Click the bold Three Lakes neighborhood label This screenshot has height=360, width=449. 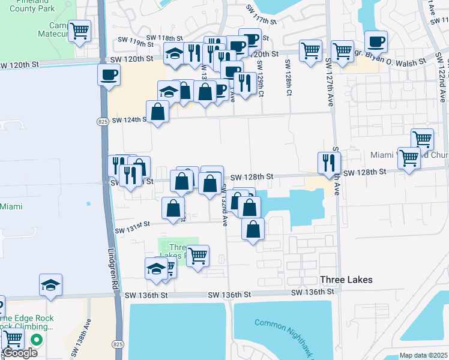tap(346, 280)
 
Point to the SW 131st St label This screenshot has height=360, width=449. tap(133, 227)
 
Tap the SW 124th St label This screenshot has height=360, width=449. tap(127, 119)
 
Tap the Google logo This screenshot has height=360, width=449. tap(19, 353)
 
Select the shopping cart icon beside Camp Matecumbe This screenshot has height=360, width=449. tap(79, 30)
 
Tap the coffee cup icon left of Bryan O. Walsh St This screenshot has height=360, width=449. tap(376, 41)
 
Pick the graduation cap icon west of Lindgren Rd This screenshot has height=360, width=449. tap(50, 284)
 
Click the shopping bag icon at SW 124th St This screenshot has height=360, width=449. tap(157, 112)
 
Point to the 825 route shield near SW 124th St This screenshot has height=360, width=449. tap(103, 122)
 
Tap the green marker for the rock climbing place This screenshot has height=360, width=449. tap(37, 340)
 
